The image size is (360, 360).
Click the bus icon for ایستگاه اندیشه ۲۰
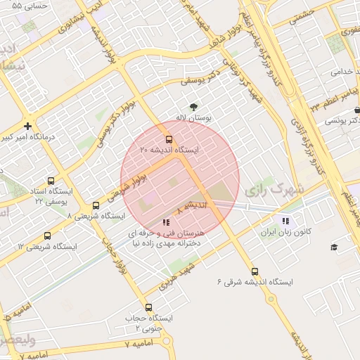coord(168,139)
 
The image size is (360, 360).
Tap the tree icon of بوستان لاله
coord(193,107)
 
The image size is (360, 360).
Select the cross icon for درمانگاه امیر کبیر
coord(27,127)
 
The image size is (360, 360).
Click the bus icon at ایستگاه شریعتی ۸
coord(96,205)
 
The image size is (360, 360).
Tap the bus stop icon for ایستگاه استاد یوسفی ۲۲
coord(50,181)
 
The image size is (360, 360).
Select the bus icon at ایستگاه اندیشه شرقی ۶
coord(255,271)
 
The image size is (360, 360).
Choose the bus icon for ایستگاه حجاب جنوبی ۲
coord(148,307)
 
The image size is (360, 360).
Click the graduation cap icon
coord(334,247)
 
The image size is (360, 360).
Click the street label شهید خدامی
coord(335,71)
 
